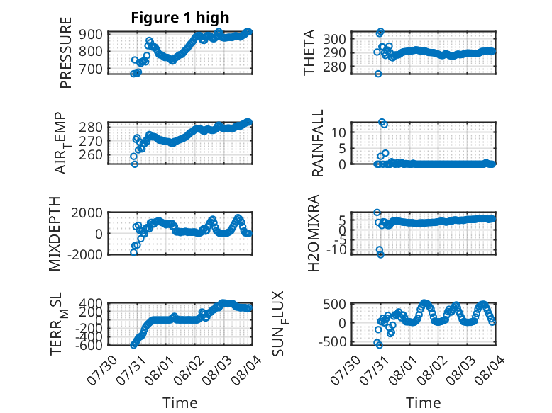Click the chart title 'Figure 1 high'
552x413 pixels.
tap(180, 18)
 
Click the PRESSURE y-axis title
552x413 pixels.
tap(66, 52)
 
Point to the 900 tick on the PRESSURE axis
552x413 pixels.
tap(91, 35)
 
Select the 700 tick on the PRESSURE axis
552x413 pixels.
tap(91, 69)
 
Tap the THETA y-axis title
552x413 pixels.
tap(309, 52)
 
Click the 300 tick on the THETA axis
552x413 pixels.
tap(334, 39)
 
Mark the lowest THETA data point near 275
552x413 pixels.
tap(378, 74)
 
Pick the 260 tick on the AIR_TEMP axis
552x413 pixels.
tap(91, 155)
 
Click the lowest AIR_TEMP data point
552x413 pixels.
tap(135, 164)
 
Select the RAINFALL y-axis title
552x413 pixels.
tap(318, 143)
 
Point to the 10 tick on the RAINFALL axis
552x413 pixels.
tap(338, 132)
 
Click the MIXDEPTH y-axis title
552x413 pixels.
tap(55, 234)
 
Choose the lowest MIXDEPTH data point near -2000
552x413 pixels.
tap(134, 252)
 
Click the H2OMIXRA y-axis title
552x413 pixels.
tap(313, 233)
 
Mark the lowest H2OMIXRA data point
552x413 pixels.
tap(380, 254)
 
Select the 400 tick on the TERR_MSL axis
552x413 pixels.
tap(91, 303)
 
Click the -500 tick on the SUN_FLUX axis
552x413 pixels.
tap(332, 341)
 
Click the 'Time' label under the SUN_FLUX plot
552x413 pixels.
tap(423, 403)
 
